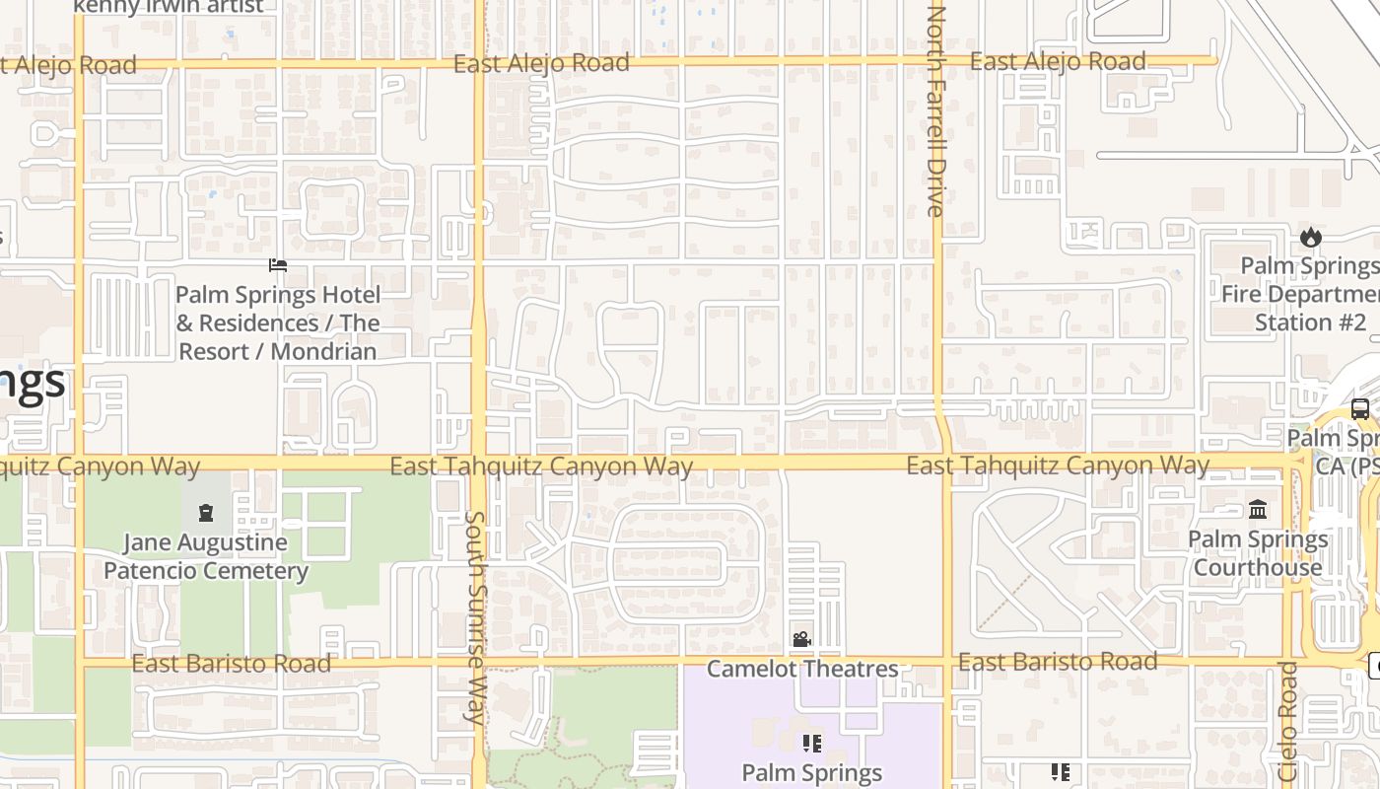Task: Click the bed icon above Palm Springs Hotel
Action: pos(278,264)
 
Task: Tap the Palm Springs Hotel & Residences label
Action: pos(278,323)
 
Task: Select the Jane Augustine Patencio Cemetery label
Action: pos(206,556)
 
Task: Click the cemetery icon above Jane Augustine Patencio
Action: pos(205,513)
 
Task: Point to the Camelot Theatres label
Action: pos(802,669)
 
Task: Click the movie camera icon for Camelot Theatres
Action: pos(802,640)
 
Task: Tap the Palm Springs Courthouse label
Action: pos(1258,553)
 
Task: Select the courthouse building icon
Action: pos(1258,510)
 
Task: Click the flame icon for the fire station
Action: pos(1310,237)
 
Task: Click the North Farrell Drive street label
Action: pos(936,110)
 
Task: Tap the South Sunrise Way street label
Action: pos(475,617)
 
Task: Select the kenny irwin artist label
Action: pos(169,7)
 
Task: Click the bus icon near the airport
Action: pos(1360,408)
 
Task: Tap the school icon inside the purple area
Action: pos(811,743)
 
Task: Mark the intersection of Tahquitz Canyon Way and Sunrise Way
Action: pos(478,462)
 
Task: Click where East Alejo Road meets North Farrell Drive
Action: pos(934,61)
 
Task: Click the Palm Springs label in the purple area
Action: pos(811,772)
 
